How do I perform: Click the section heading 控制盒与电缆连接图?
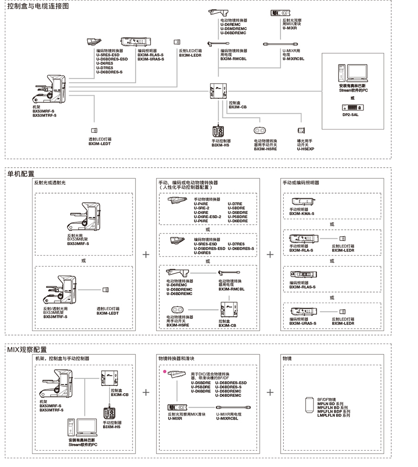click(x=38, y=6)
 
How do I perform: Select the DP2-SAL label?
click(x=352, y=114)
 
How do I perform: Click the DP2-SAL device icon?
click(x=352, y=107)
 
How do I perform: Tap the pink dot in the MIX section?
click(x=164, y=371)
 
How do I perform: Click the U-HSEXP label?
click(x=306, y=149)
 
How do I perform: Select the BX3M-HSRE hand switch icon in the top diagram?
click(x=260, y=131)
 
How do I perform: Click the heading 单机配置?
click(x=21, y=174)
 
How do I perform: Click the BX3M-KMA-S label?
click(x=302, y=214)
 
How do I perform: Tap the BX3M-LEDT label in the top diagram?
click(x=100, y=144)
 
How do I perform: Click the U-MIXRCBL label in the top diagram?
click(x=293, y=59)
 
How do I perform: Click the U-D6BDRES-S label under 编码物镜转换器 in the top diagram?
click(x=109, y=72)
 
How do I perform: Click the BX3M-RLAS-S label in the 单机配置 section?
click(x=302, y=287)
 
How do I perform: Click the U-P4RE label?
click(x=201, y=203)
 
